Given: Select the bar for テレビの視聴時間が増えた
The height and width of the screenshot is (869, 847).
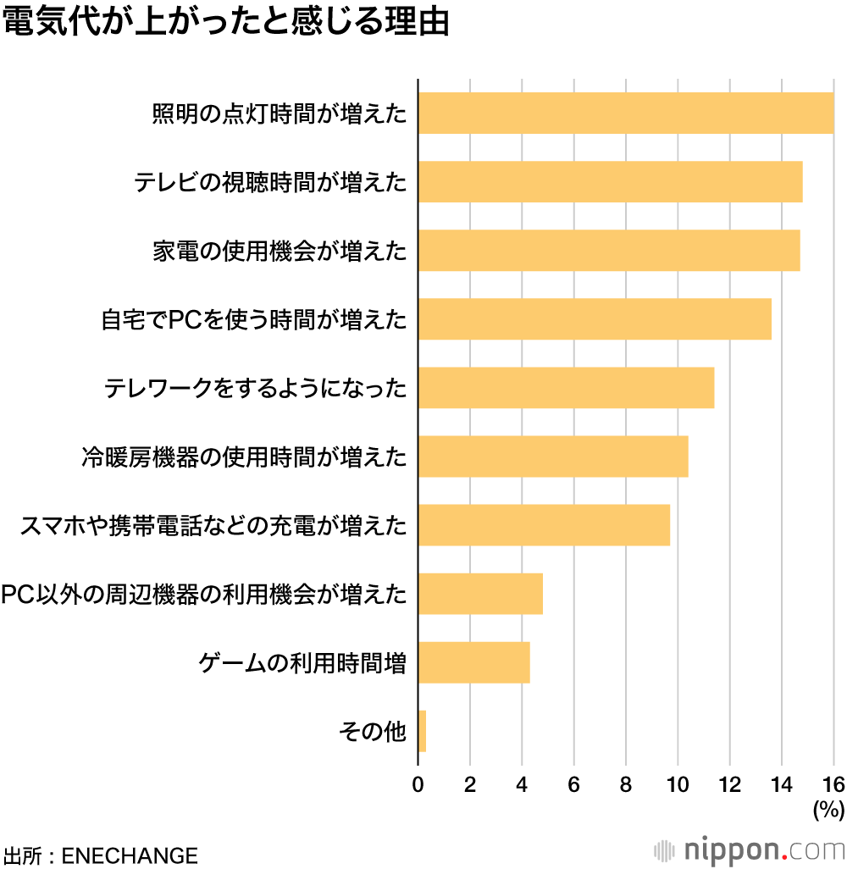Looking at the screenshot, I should pos(610,181).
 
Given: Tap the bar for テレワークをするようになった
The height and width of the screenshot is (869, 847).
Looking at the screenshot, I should pos(566,388).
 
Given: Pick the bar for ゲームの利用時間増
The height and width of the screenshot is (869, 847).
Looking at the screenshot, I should pos(473,662).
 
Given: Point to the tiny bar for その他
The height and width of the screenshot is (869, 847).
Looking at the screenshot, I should pos(422,731).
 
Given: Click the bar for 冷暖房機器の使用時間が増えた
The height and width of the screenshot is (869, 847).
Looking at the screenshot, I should pos(552,457).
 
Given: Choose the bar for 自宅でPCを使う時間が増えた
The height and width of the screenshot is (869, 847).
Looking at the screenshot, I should pos(595,319).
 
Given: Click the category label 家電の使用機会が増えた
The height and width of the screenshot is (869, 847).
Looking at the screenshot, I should pos(280,252).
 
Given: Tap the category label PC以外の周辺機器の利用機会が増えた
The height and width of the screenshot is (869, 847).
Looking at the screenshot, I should pos(204,595).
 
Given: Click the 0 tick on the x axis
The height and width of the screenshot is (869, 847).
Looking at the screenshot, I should pos(418,784).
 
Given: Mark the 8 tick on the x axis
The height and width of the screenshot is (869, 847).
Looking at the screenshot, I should pos(626,784).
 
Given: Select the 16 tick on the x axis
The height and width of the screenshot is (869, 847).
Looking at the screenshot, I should pos(833,784).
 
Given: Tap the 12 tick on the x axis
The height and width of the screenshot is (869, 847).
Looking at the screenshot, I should pos(729,784).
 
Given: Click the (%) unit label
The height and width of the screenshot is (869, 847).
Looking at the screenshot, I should pos(828,810).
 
